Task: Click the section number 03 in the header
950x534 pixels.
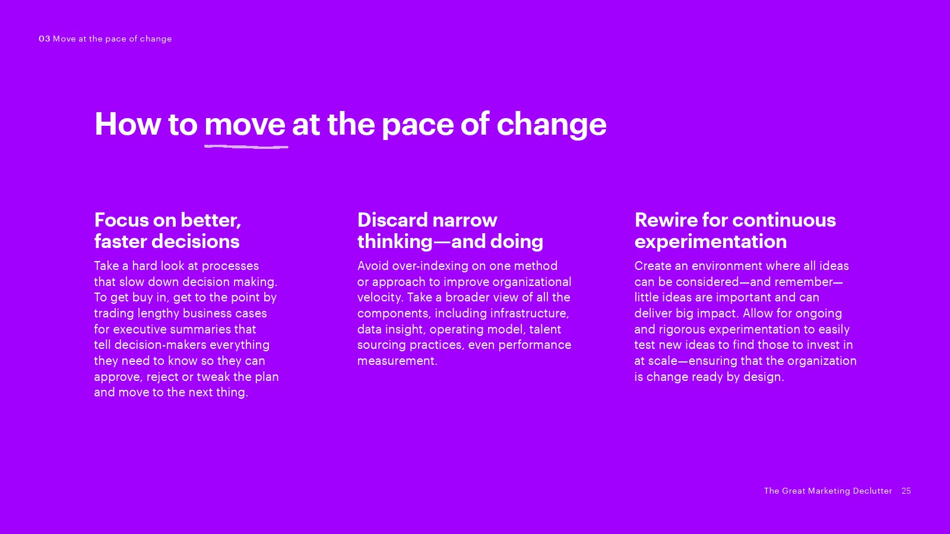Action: pyautogui.click(x=45, y=39)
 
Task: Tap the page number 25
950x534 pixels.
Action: pyautogui.click(x=906, y=491)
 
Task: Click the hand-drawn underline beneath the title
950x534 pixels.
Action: pyautogui.click(x=246, y=147)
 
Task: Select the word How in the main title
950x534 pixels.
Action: pyautogui.click(x=128, y=124)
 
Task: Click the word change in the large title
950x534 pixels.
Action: pyautogui.click(x=552, y=126)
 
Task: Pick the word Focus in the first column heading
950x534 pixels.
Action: pyautogui.click(x=122, y=220)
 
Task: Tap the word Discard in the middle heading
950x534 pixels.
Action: pyautogui.click(x=392, y=220)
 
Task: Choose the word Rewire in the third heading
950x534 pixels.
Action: pyautogui.click(x=666, y=220)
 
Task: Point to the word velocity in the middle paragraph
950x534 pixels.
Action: pyautogui.click(x=379, y=297)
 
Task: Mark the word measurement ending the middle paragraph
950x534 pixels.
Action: pyautogui.click(x=397, y=361)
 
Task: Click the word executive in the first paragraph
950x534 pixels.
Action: pyautogui.click(x=169, y=329)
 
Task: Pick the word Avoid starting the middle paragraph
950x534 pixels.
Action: pyautogui.click(x=373, y=266)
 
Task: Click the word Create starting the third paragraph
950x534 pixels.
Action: pyautogui.click(x=653, y=266)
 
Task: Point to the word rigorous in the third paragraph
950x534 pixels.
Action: pyautogui.click(x=682, y=330)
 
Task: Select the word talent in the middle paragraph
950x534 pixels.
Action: pyautogui.click(x=545, y=329)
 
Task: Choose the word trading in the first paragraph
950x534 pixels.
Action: pyautogui.click(x=113, y=314)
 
